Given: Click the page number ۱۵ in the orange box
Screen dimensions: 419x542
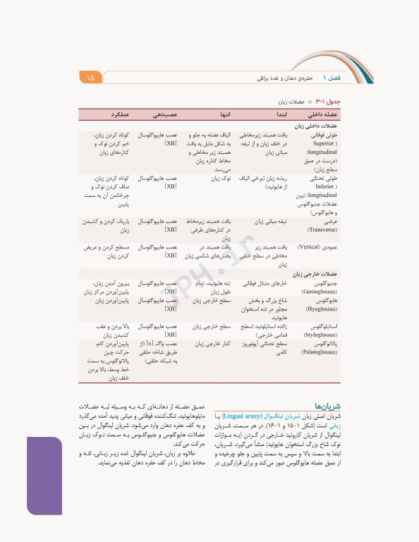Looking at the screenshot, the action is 91,77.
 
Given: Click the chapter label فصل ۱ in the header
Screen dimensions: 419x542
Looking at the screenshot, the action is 332,77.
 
